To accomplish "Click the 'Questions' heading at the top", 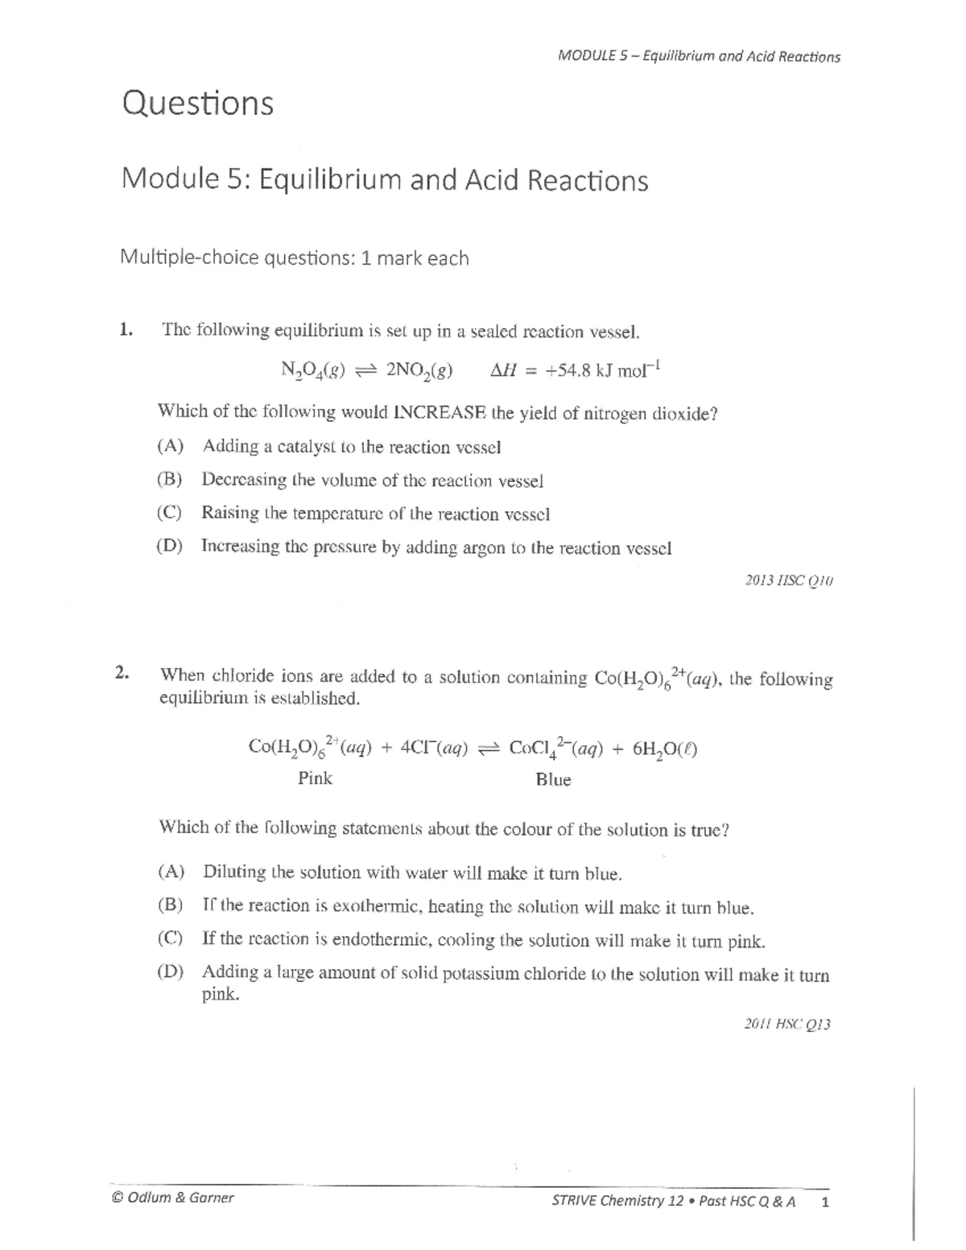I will [x=197, y=104].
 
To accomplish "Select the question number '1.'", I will [x=126, y=328].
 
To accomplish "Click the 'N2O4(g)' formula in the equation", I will [x=312, y=371].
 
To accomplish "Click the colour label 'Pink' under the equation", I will [x=315, y=778].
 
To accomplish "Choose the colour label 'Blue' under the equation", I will [x=553, y=780].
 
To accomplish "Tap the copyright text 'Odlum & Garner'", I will [x=180, y=1197].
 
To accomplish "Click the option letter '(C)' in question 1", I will [x=169, y=513].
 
